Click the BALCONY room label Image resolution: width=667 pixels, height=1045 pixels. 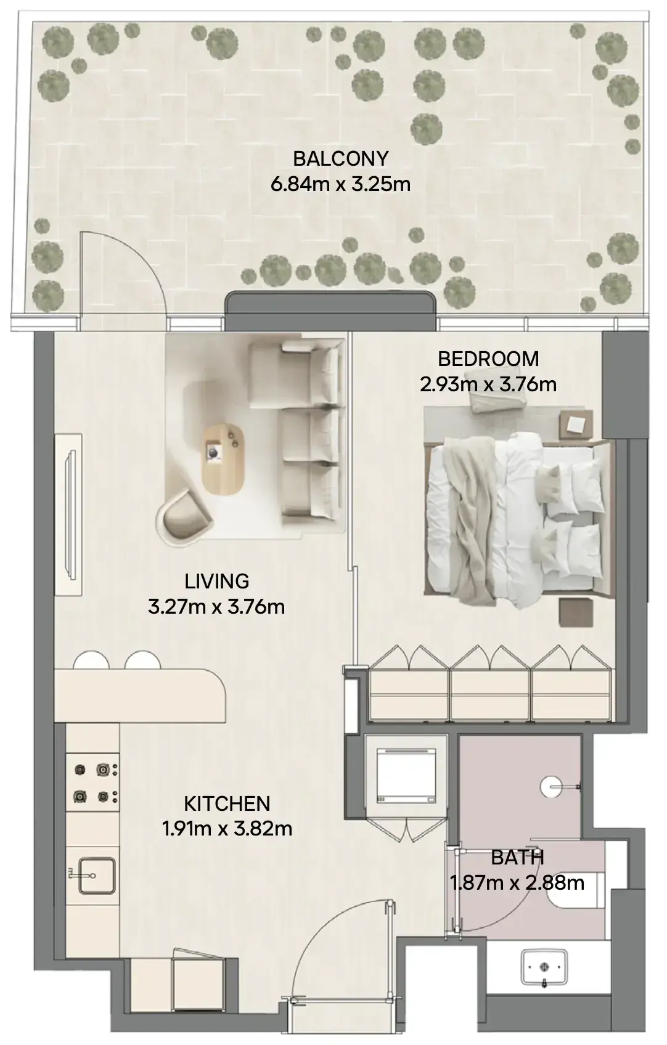click(340, 159)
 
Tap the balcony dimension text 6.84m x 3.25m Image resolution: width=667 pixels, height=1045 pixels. click(340, 184)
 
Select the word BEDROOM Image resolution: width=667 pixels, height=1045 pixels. click(488, 359)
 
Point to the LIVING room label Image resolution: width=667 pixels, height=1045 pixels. click(216, 581)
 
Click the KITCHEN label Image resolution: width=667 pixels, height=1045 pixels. click(227, 803)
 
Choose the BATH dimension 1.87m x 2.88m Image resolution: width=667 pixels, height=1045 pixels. click(517, 883)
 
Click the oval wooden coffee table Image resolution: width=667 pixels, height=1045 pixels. click(223, 460)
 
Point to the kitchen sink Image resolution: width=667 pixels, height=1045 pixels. click(97, 876)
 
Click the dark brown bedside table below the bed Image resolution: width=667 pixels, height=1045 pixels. click(576, 612)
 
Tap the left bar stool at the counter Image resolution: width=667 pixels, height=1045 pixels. click(91, 660)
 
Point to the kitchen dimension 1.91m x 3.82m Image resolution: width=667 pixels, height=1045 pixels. click(227, 829)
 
